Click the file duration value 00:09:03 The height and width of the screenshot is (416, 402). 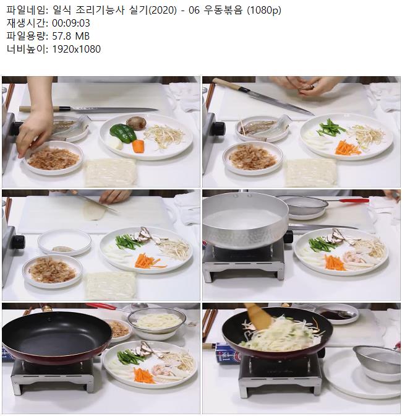(x=71, y=23)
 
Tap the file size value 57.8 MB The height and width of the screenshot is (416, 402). (x=71, y=36)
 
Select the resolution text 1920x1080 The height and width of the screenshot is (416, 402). (x=76, y=49)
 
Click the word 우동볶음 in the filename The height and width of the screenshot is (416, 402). (x=223, y=10)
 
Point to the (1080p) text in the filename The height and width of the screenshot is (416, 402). (x=264, y=11)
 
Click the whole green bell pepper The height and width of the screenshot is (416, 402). (x=123, y=133)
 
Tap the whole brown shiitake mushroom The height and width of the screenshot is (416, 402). (x=136, y=123)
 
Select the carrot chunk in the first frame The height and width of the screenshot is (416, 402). (x=138, y=146)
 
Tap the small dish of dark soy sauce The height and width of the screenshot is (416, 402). (x=337, y=314)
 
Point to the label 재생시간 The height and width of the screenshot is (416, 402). (x=26, y=23)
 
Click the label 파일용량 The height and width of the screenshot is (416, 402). (x=26, y=36)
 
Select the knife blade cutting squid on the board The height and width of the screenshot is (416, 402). (x=97, y=204)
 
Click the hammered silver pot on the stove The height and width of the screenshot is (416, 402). (x=245, y=221)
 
